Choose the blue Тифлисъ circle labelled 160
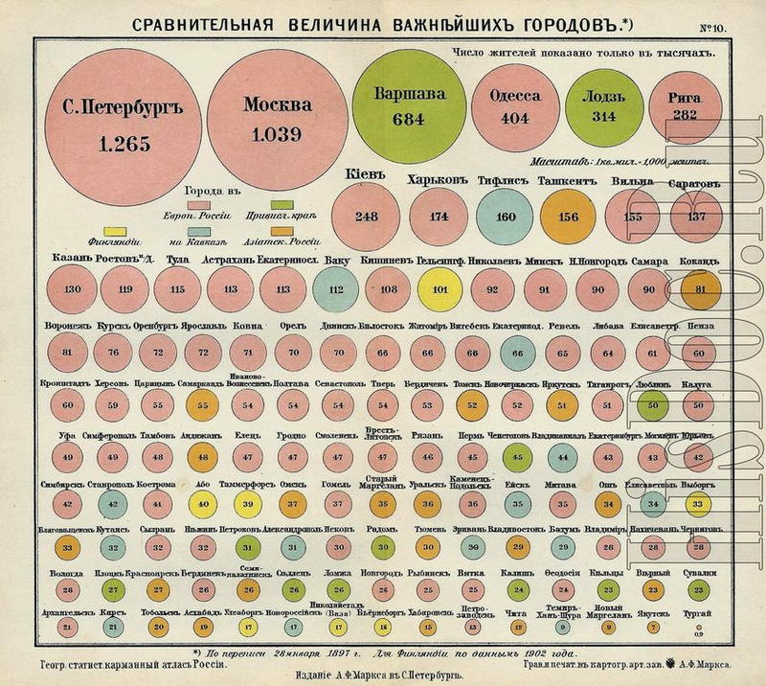(x=506, y=217)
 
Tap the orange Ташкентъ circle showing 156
(x=568, y=217)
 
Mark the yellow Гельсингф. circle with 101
(x=441, y=287)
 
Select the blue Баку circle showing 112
(x=333, y=287)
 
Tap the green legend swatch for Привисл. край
(x=283, y=204)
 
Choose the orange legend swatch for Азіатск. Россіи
(x=283, y=232)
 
